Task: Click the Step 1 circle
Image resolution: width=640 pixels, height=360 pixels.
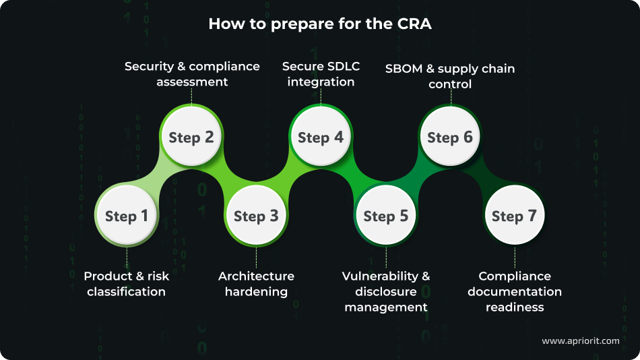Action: point(127,216)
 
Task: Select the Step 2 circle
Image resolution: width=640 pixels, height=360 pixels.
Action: point(191,138)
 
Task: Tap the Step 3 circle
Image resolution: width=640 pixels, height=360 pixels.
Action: point(256,216)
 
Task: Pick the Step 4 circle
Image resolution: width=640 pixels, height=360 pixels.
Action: point(321,138)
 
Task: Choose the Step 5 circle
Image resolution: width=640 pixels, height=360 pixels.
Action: point(386,216)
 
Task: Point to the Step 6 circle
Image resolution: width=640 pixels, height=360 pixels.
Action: point(450,138)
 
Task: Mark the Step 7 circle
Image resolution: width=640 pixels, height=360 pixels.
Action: point(515,216)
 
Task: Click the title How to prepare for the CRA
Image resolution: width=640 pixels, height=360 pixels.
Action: point(320,24)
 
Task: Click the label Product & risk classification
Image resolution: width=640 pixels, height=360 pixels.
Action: point(126,284)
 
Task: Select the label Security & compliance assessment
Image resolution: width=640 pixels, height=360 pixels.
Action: point(192,74)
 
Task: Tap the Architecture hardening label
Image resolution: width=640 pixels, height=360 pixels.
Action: point(256,284)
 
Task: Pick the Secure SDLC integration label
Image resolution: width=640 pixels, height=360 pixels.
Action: point(321,74)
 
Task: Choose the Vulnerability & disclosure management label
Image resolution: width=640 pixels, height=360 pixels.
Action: point(386,291)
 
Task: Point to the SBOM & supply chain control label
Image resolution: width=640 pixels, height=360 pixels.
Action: point(450,76)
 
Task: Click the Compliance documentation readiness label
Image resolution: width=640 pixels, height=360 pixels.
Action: point(515,291)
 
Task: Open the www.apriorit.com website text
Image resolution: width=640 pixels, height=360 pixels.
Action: point(580,341)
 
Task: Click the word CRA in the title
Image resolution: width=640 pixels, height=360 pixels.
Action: point(415,24)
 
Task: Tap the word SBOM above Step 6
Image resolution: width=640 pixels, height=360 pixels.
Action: point(403,69)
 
